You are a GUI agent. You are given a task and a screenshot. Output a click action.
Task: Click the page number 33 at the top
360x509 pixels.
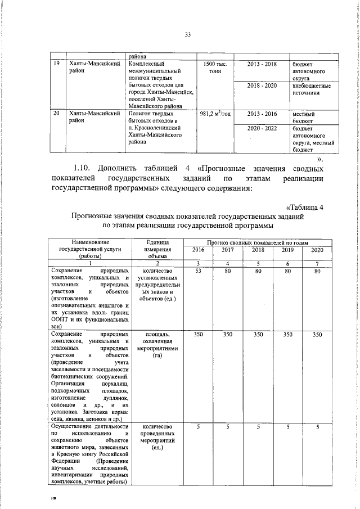click(x=188, y=35)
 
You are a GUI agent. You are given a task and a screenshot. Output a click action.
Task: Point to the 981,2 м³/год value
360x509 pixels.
click(x=215, y=114)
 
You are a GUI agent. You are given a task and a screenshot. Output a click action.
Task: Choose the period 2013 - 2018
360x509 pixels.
click(x=262, y=65)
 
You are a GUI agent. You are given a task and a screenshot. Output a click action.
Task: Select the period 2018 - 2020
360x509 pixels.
click(x=262, y=85)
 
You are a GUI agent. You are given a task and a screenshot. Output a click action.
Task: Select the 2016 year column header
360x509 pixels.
click(x=199, y=249)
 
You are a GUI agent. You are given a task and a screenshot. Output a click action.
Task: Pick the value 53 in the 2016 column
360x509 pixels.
click(x=199, y=271)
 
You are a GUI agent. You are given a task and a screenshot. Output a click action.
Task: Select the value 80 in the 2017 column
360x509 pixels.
click(x=228, y=271)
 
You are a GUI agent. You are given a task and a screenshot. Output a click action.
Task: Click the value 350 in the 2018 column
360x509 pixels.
click(x=258, y=335)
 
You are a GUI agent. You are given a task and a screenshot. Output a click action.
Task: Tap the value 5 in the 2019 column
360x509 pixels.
click(x=287, y=427)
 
